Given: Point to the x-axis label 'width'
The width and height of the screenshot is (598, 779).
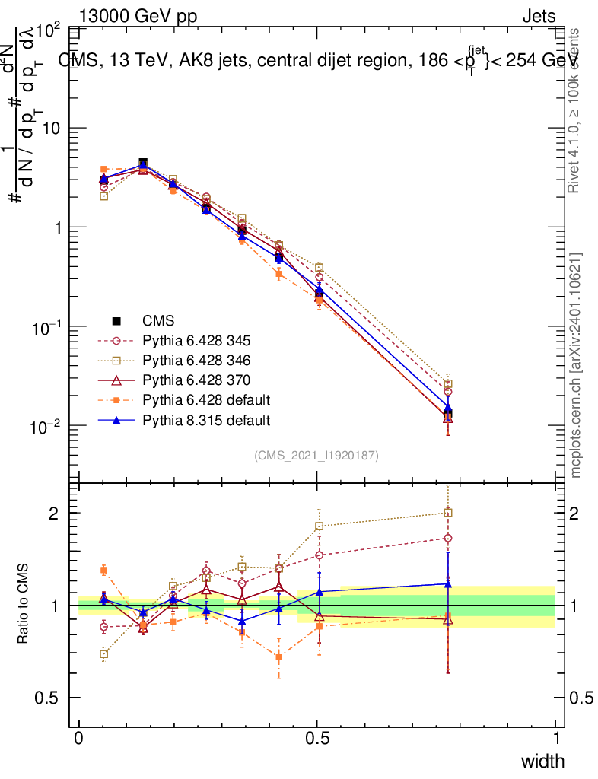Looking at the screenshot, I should [x=542, y=761].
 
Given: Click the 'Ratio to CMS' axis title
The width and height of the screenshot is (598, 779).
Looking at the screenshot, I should [x=24, y=605].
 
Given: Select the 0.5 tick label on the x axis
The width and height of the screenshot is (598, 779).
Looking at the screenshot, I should [x=317, y=739].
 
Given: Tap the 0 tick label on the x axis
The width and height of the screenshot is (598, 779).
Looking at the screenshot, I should [x=79, y=739].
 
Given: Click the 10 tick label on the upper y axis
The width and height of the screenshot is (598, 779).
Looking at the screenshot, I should [x=50, y=129].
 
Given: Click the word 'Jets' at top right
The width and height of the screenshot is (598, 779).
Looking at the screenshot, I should [x=539, y=15].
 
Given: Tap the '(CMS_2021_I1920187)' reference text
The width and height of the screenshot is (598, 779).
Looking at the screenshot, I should [x=316, y=455].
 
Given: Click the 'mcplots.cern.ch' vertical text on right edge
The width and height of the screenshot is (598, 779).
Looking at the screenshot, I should [x=576, y=365].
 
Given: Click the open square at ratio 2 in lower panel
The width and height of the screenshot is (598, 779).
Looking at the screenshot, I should [x=448, y=513].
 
